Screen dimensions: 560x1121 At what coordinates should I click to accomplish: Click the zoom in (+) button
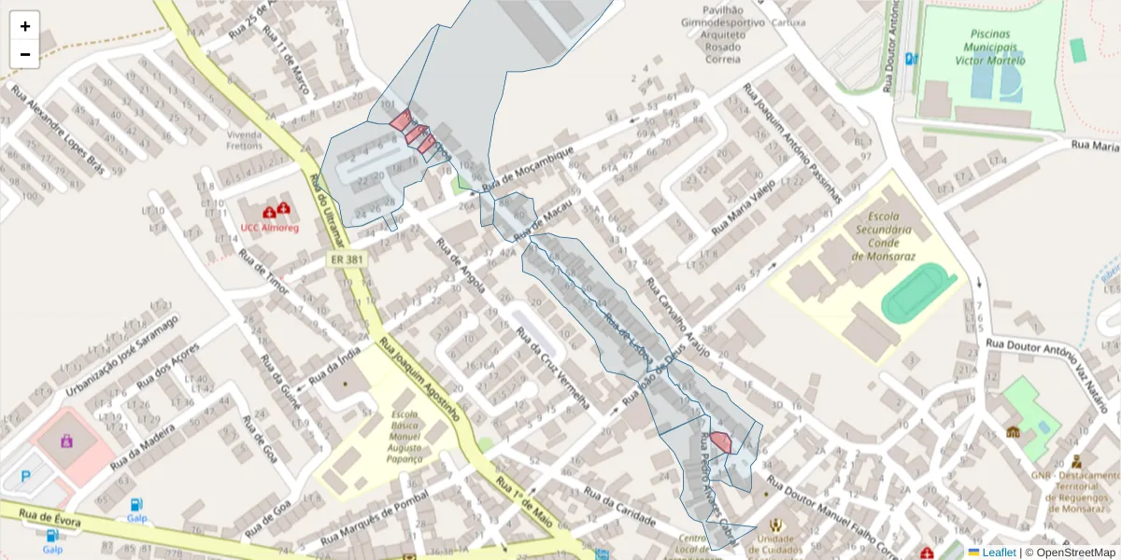[x=25, y=26]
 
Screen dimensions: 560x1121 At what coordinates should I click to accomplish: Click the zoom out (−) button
[x=25, y=54]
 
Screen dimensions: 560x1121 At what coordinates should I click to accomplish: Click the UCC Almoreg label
[x=270, y=228]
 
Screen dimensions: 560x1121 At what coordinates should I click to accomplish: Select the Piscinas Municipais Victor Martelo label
[x=990, y=47]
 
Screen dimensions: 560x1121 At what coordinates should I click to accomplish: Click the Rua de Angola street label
[x=461, y=266]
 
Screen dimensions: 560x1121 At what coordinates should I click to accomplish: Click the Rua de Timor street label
[x=265, y=271]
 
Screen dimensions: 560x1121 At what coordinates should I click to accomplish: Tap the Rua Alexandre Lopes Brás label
[x=56, y=131]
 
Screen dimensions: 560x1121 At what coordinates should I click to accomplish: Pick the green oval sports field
[x=918, y=291]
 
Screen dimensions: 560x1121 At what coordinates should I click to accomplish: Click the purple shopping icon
[x=67, y=440]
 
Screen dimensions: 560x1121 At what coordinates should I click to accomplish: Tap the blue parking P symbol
[x=25, y=476]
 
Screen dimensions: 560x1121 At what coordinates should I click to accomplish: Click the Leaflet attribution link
[x=998, y=553]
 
